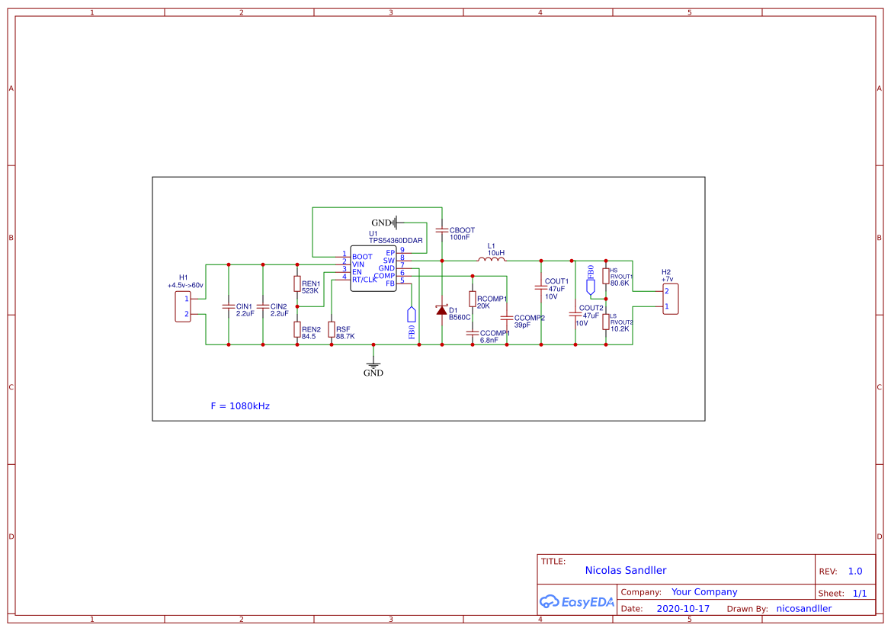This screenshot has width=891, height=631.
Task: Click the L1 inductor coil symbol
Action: tap(492, 261)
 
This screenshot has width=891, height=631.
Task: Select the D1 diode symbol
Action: tap(441, 309)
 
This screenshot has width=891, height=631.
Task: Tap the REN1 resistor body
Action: tap(297, 283)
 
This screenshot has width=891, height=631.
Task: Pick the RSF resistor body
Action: tap(332, 329)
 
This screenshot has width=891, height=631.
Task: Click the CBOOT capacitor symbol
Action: tap(441, 229)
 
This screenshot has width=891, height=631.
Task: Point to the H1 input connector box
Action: tap(183, 306)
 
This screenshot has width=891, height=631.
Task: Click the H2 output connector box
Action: tap(670, 299)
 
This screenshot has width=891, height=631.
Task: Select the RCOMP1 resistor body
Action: tap(472, 299)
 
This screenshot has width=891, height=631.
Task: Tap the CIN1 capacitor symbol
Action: tap(228, 306)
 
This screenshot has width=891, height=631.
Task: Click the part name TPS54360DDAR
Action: tap(396, 240)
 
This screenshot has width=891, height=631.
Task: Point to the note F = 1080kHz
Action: tap(240, 406)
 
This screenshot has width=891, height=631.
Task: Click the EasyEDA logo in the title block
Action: tap(576, 601)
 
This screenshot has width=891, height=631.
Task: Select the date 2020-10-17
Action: tap(683, 609)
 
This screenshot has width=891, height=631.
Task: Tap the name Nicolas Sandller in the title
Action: tap(626, 570)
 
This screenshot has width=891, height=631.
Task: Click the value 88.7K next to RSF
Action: tap(345, 336)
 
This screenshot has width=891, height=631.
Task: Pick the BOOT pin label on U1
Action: tap(362, 257)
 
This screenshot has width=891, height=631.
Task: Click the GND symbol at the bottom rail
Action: tap(373, 367)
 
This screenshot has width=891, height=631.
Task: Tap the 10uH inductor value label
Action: tap(496, 252)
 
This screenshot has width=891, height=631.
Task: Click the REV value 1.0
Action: tap(855, 571)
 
